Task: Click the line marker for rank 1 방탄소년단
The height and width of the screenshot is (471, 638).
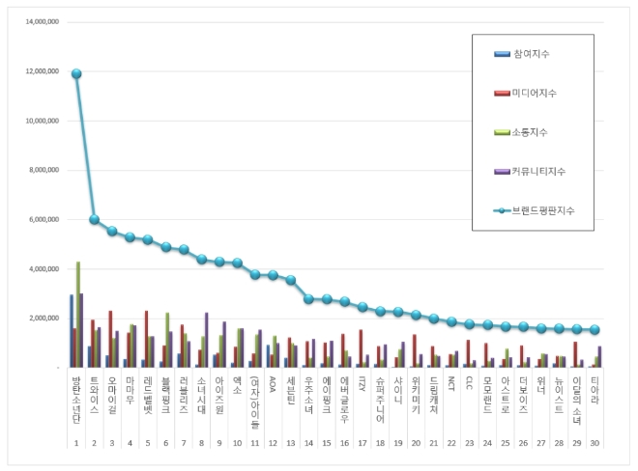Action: click(x=76, y=73)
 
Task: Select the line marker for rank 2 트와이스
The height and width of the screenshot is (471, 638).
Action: click(x=94, y=219)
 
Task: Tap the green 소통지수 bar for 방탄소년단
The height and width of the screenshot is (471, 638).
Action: click(x=78, y=314)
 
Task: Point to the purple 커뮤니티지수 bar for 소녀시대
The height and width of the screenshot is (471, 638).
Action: click(x=207, y=340)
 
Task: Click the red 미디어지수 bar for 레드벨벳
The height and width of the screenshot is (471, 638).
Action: click(x=146, y=339)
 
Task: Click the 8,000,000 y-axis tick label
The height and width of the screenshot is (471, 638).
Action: click(x=43, y=170)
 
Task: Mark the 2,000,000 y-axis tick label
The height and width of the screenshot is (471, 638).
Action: click(x=43, y=319)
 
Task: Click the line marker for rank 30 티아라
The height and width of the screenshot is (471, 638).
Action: click(x=594, y=329)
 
